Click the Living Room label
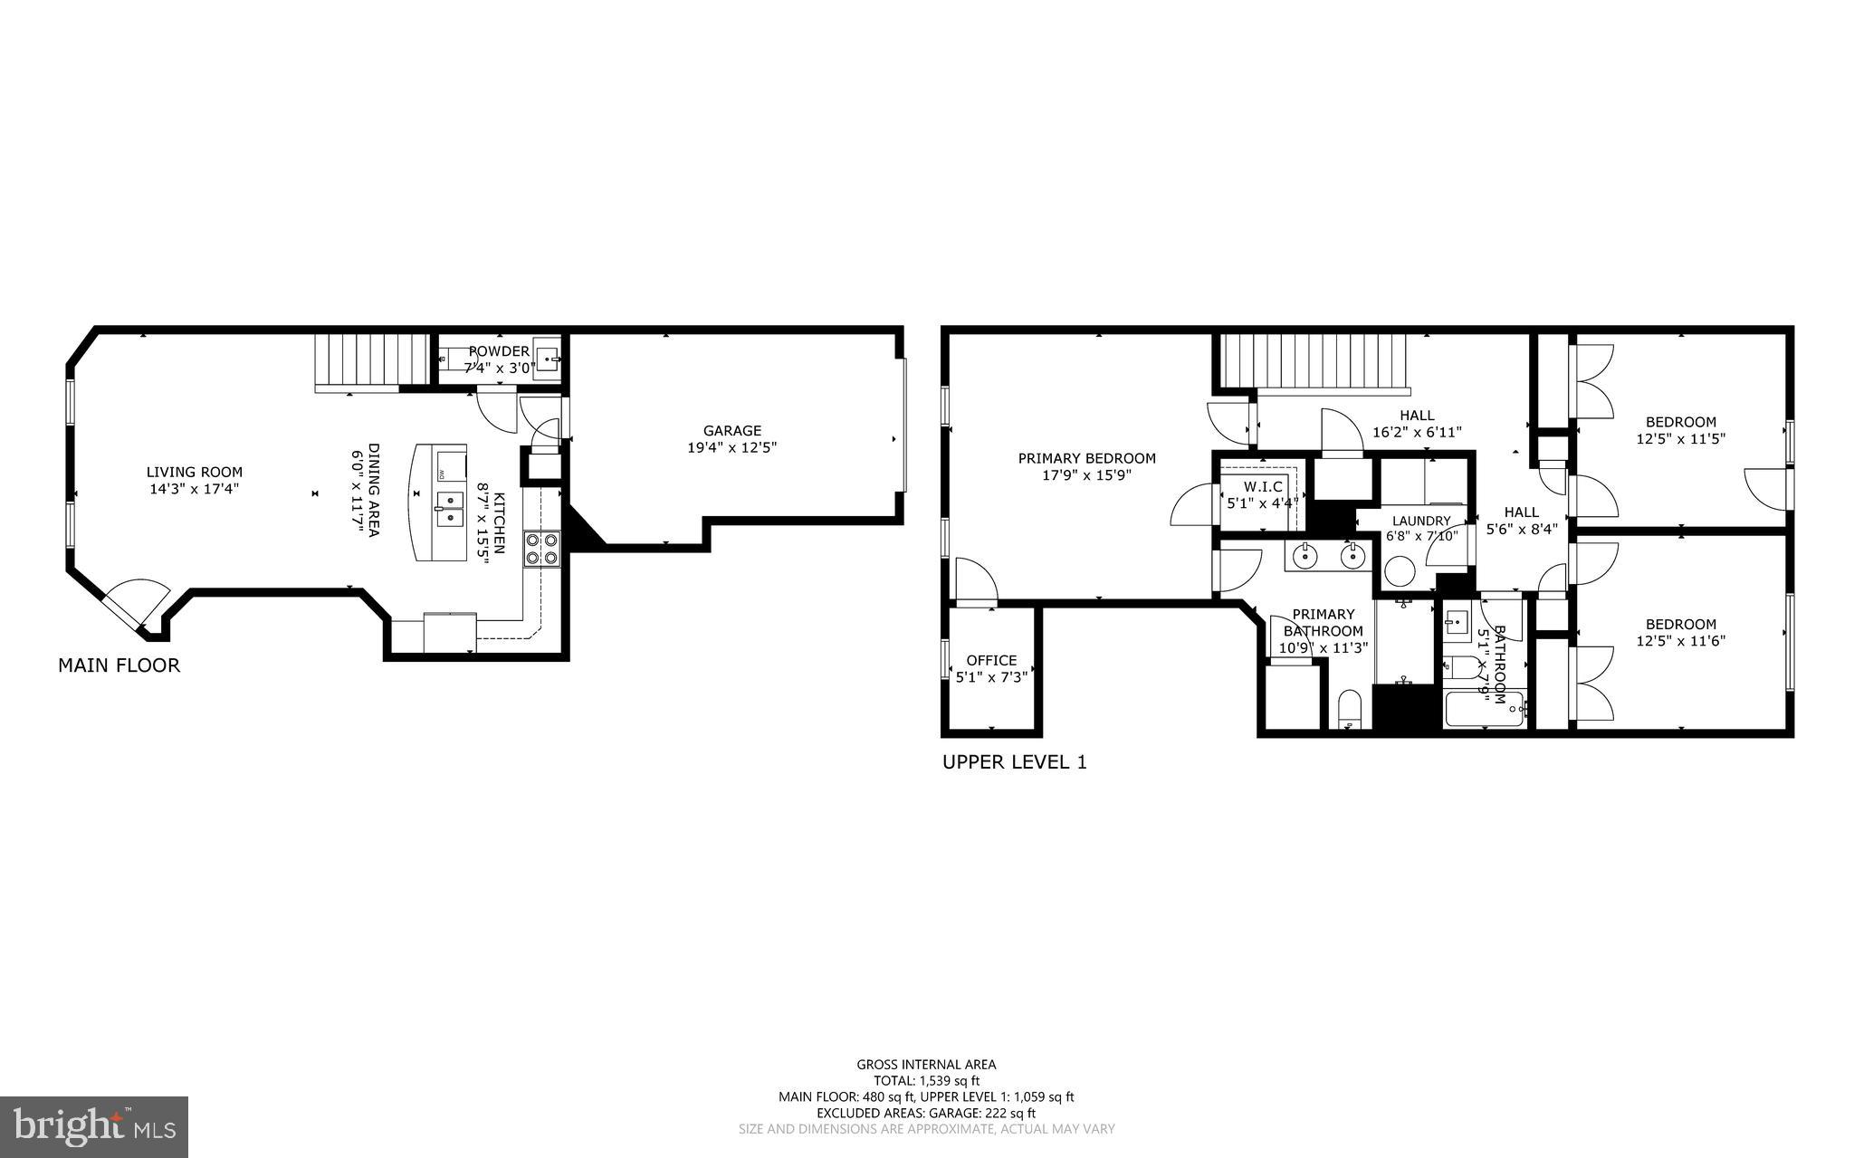[x=195, y=472]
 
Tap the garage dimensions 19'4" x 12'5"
[x=732, y=447]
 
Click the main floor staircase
[x=371, y=360]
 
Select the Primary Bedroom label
[x=1086, y=458]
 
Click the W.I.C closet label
[x=1262, y=486]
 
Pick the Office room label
[x=991, y=660]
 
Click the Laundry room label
[x=1421, y=521]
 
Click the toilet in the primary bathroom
[x=1349, y=709]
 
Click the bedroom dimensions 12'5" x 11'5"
[x=1680, y=438]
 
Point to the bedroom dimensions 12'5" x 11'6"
[x=1680, y=641]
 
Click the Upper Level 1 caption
[x=1014, y=762]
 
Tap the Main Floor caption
[x=119, y=665]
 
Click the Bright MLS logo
[x=94, y=1125]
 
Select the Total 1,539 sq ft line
[x=926, y=1080]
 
